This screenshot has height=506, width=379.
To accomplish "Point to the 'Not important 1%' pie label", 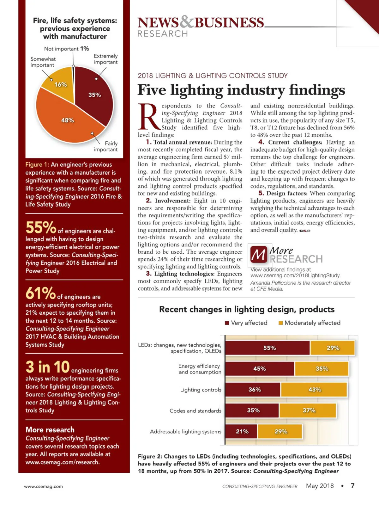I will [67, 49].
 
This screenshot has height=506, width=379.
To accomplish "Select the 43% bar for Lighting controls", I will [314, 390].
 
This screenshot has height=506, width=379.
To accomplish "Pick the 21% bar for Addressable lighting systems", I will [242, 431].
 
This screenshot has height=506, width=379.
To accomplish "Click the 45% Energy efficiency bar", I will [260, 369].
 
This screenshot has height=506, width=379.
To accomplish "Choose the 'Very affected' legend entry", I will [246, 323].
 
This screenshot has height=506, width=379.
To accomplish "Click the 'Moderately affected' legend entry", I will [310, 323].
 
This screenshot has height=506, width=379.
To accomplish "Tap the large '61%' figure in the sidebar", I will [40, 293].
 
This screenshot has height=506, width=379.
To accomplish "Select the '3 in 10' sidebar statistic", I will [47, 367].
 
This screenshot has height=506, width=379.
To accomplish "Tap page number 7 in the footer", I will [352, 486].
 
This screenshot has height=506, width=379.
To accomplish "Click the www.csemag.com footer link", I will [43, 486].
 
